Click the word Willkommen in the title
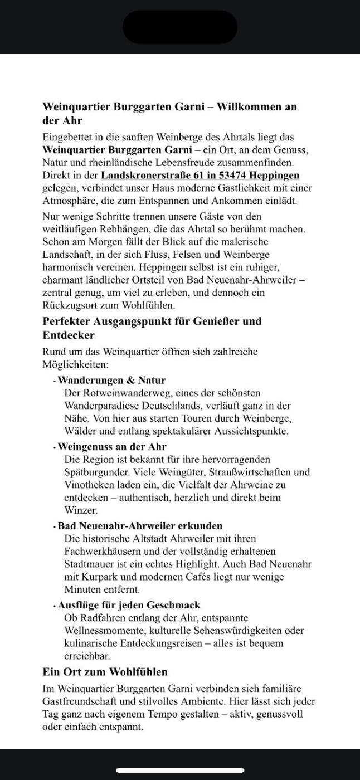[x=249, y=106]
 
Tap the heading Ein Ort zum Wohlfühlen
[x=105, y=672]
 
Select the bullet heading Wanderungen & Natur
[x=111, y=381]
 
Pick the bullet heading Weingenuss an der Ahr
[x=112, y=447]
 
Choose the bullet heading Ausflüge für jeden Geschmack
[x=129, y=605]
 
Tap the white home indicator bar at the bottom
[x=180, y=771]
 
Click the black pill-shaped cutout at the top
[x=180, y=27]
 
